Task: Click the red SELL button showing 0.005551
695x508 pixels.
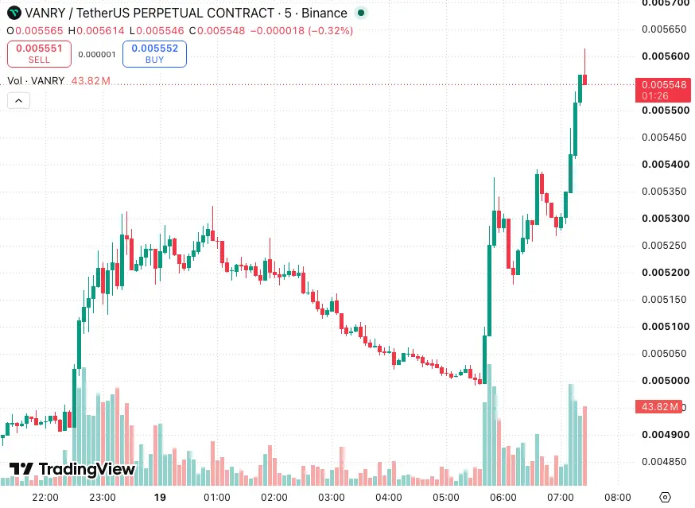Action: pos(39,54)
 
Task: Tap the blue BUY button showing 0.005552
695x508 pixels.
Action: pos(154,54)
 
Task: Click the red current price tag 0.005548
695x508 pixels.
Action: pos(663,90)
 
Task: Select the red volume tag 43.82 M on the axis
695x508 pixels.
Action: pos(658,406)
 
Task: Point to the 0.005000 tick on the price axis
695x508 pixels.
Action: pos(666,380)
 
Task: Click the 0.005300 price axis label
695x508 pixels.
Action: pos(666,218)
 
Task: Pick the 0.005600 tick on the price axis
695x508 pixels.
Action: pos(666,56)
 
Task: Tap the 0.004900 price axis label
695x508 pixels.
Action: pos(666,434)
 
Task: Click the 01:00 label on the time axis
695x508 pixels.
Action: pos(217,498)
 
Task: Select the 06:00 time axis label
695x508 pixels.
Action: pos(503,498)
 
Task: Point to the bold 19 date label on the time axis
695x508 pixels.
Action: pos(160,498)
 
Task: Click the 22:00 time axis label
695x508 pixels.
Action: pos(45,498)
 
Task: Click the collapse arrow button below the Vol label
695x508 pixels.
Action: pos(18,101)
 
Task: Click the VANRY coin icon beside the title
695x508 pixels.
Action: pos(14,13)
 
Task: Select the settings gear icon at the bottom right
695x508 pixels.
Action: pos(665,498)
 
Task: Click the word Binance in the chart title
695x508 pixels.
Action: pos(324,13)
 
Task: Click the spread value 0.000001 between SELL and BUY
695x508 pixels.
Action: pos(97,55)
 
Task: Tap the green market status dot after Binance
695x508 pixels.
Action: pos(361,13)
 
